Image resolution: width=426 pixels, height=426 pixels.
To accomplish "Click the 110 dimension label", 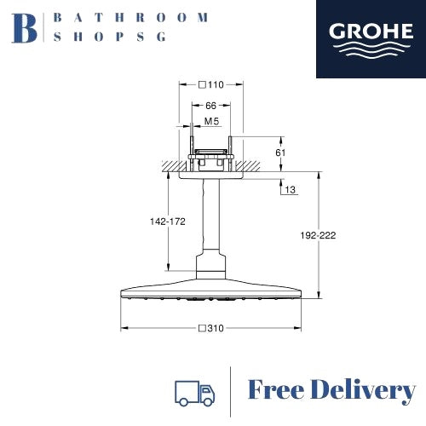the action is tap(216, 84).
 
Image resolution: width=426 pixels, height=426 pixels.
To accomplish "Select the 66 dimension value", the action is tap(210, 106).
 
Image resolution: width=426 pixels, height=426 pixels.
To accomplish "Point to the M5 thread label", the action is tap(212, 121).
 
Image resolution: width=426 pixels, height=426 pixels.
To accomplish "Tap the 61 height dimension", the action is tap(280, 153).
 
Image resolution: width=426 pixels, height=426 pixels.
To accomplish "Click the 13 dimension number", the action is tap(290, 189).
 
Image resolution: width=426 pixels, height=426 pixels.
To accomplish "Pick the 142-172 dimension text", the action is tap(168, 222).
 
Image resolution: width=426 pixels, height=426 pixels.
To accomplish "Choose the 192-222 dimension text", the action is tap(318, 235).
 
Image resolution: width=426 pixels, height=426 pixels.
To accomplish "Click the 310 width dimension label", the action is tap(216, 328).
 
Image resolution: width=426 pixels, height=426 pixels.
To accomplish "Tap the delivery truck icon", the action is tap(195, 393).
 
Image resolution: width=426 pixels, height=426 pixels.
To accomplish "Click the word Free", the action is tap(276, 389).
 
